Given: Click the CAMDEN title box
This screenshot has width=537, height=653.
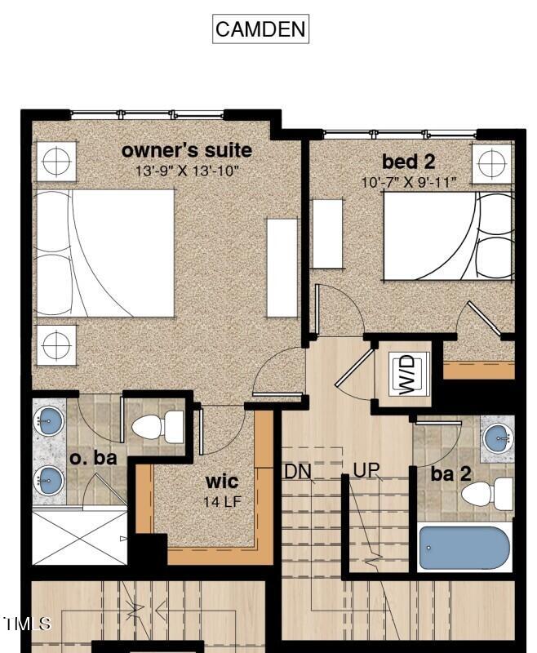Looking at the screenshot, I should pos(260,29).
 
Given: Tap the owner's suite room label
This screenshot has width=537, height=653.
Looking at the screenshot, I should pos(186,151).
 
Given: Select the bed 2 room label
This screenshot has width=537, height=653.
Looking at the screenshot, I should pos(408,161).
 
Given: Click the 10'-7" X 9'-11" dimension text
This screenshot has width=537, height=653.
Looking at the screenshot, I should pos(409,181).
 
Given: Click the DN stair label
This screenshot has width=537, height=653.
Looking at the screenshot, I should pos(298,471).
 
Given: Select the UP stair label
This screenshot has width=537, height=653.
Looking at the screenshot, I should pos(366,471).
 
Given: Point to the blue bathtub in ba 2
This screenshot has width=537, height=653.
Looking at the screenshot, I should pos(464,547).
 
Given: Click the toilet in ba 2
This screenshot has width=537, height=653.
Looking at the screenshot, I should pos(488,494).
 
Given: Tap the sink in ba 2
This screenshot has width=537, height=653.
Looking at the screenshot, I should pos(497,438).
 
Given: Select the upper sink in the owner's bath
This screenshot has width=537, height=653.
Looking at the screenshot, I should pos(49,422).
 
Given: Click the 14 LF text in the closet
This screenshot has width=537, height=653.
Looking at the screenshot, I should pos(222,501).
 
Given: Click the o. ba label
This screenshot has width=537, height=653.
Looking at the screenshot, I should pos(93,458).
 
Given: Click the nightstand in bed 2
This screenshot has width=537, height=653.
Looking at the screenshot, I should pos(492,163).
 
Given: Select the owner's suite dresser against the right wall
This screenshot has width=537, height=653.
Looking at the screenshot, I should pos(282,268).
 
